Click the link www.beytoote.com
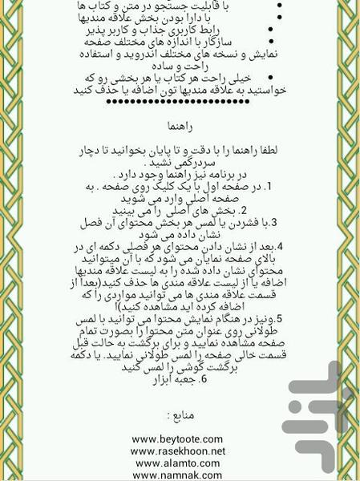[178, 439]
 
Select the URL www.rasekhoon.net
[178, 451]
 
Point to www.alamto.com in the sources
[178, 463]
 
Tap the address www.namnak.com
[178, 475]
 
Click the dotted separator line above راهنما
[179, 102]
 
